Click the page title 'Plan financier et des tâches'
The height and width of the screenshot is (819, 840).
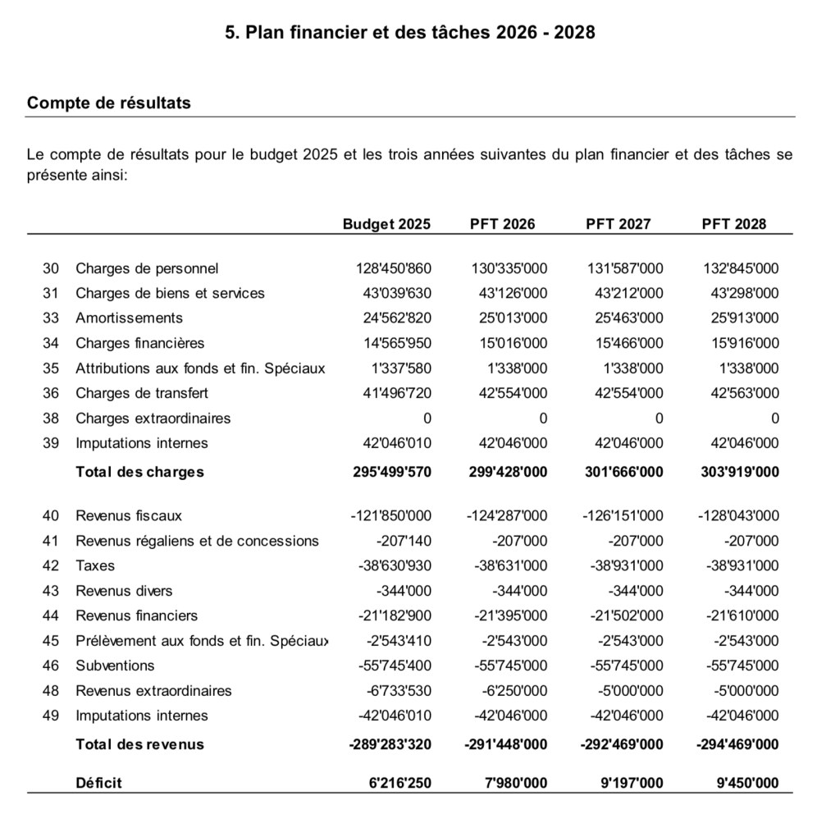[x=410, y=33]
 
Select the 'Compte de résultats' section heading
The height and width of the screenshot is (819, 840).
[x=109, y=103]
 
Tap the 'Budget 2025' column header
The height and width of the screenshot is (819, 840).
[x=386, y=224]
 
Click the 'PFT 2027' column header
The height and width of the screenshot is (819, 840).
[x=618, y=224]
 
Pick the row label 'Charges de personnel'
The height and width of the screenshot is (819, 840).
[x=147, y=268]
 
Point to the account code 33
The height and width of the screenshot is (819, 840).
[x=51, y=318]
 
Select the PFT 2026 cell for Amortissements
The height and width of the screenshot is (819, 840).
[x=513, y=318]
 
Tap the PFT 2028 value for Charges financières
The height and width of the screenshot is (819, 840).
[x=745, y=343]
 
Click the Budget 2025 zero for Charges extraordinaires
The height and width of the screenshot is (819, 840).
[x=427, y=419]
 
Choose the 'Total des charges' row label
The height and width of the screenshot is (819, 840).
[x=139, y=472]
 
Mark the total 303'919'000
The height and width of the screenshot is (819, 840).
[x=741, y=472]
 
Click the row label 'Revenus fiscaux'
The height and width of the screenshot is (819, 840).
[x=129, y=516]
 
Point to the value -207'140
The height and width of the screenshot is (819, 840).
[x=404, y=541]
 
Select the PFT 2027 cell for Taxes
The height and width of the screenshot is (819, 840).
[x=627, y=566]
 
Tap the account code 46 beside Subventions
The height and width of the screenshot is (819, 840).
[x=51, y=666]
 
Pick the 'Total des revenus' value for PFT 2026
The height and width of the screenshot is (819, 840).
[x=506, y=744]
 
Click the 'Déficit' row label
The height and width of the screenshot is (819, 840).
[x=98, y=783]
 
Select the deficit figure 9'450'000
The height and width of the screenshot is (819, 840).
[x=747, y=783]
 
